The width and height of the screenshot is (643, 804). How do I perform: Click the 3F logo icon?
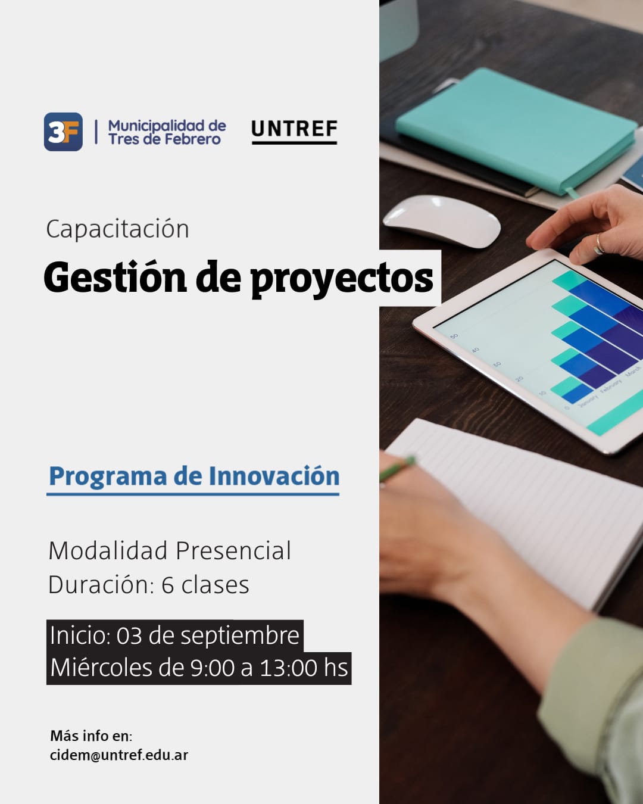pos(63,132)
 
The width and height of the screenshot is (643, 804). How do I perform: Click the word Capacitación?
pos(117,229)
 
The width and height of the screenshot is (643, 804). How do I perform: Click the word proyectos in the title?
pos(342,280)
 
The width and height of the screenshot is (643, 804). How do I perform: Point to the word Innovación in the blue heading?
pos(274,476)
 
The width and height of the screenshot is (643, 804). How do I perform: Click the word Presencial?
pos(233,550)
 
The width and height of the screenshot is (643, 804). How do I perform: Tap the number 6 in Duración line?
pos(167,585)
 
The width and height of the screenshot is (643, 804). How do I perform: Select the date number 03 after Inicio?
pos(129,635)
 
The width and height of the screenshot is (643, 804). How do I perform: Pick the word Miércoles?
pos(101,668)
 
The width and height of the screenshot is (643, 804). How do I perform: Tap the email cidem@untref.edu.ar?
pos(119,755)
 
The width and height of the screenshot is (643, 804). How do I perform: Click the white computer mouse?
pos(442,221)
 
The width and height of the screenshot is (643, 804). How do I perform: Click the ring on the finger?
pos(599,244)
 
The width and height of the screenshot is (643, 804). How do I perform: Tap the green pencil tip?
pos(411,460)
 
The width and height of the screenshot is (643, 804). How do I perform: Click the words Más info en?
pos(91,736)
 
